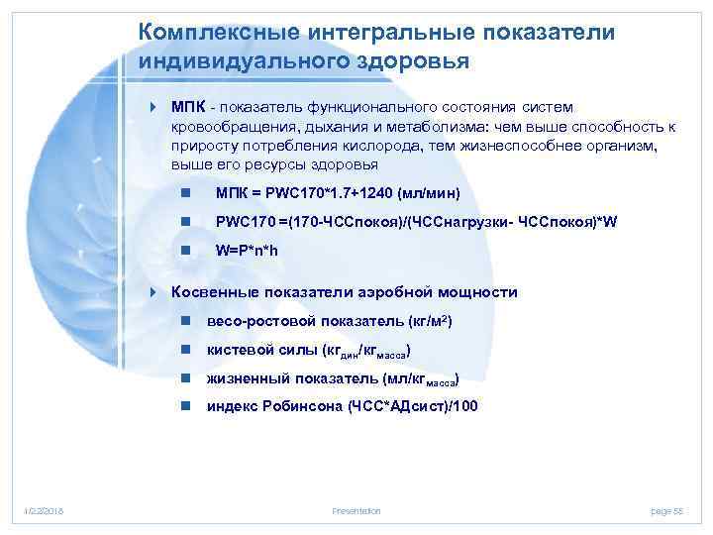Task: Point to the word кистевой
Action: click(x=239, y=351)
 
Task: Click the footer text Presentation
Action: click(x=356, y=510)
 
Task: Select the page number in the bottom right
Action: click(x=667, y=510)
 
